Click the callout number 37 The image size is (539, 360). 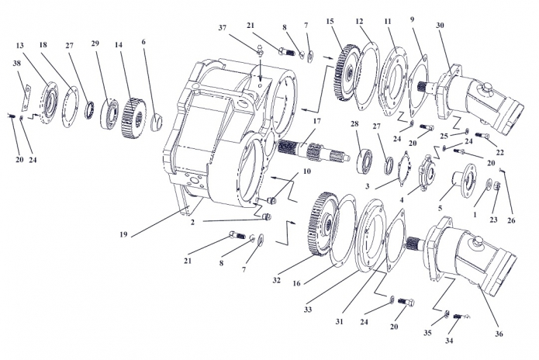point(223,27)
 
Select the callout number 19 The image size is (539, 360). point(124,234)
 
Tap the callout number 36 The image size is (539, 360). point(499,334)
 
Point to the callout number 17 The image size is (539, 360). point(316,121)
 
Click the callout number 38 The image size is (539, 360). point(17,64)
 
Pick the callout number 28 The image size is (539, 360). point(354,124)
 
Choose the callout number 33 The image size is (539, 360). point(308,310)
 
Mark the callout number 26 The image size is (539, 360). point(512,220)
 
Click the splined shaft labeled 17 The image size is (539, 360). point(313,151)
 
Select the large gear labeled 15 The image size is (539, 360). point(347,72)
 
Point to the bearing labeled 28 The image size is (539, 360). point(366,161)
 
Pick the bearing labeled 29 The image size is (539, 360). point(110,112)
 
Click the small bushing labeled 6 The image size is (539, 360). point(157,123)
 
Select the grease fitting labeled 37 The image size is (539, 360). point(260,50)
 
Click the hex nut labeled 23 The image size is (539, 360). point(496,186)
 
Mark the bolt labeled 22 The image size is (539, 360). point(482,136)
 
